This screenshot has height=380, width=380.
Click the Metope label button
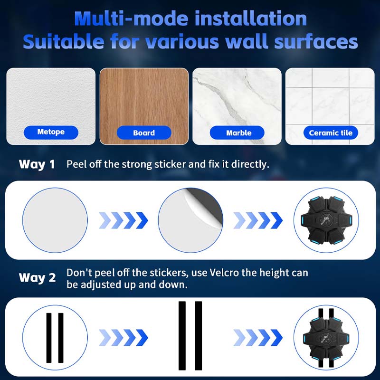[x=51, y=133]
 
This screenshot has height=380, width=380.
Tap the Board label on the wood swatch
[x=144, y=133]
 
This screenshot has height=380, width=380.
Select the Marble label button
[x=237, y=133]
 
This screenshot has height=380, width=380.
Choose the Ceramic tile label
[x=331, y=133]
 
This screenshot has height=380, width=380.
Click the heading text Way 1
[x=37, y=164]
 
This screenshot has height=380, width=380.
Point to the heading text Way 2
[x=38, y=278]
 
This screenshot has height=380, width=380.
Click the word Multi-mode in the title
[x=131, y=19]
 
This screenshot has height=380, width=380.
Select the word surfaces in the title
[x=316, y=42]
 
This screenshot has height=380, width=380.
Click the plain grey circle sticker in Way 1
[x=55, y=220]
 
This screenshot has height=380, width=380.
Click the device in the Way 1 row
[x=326, y=220]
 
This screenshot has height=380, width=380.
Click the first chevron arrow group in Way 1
[x=123, y=220]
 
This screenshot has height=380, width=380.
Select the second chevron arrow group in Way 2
[x=258, y=337]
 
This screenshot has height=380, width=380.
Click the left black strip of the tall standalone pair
[x=182, y=336]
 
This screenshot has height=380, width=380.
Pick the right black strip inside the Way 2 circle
[x=61, y=338]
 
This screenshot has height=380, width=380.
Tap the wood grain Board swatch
[x=144, y=106]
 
